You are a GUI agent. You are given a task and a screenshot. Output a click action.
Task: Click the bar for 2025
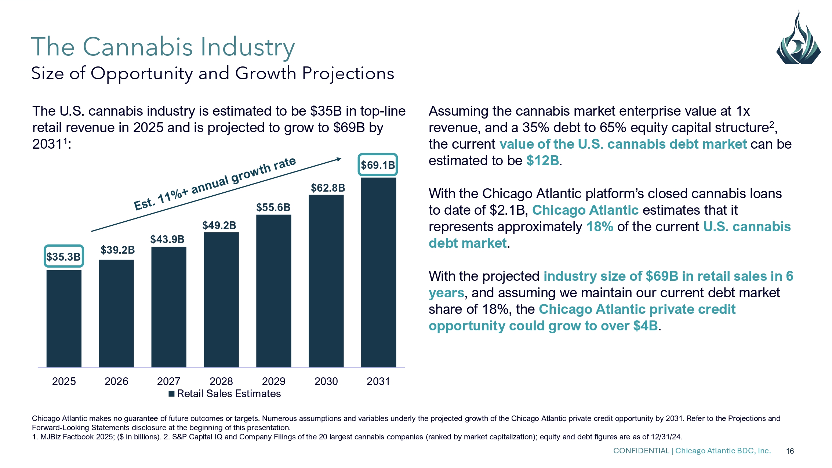(64, 319)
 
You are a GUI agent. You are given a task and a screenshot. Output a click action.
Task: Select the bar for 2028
(221, 300)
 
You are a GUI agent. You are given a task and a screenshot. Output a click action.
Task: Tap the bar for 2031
(378, 272)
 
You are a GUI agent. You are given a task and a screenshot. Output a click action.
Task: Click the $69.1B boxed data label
(378, 165)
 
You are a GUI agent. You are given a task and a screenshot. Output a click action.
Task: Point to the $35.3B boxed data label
(63, 256)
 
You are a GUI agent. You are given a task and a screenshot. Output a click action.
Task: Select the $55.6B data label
(273, 207)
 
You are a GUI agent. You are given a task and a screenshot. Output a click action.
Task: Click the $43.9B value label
(167, 239)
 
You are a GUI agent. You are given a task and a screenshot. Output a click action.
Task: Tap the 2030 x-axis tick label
(326, 381)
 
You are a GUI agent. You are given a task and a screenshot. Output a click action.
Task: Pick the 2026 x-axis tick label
(116, 381)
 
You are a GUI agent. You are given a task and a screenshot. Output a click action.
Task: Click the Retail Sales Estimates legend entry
(225, 394)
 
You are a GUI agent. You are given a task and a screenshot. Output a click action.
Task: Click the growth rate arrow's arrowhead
(338, 159)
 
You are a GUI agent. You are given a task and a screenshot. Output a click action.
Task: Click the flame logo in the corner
(798, 39)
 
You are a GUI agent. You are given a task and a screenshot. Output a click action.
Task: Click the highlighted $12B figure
(542, 161)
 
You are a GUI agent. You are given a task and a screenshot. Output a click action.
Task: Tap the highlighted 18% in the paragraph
(600, 227)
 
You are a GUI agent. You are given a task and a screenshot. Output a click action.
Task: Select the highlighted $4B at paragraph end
(646, 326)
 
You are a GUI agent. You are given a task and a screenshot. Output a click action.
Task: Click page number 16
(790, 451)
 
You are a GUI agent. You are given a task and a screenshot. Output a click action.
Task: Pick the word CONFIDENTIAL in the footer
(641, 451)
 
